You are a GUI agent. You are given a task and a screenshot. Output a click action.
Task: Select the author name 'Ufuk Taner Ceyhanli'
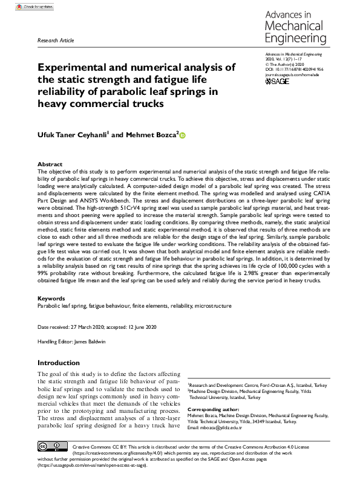(72, 135)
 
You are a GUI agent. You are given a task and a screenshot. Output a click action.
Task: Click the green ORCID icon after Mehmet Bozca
(182, 136)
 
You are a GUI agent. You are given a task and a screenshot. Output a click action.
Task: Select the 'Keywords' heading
(52, 299)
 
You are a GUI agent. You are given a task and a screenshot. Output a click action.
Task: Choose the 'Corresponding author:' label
(212, 409)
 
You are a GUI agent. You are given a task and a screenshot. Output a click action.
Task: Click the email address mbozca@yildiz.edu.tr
(223, 428)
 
